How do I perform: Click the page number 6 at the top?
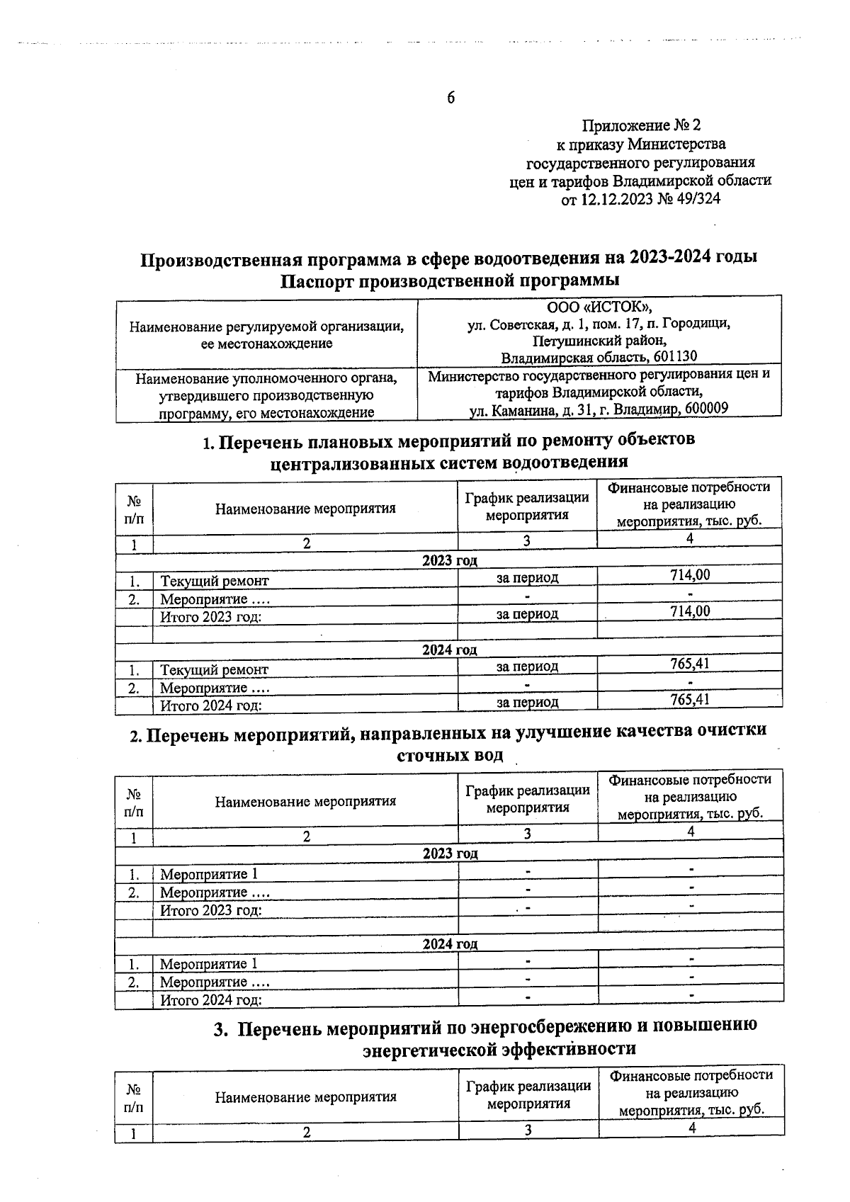pyautogui.click(x=450, y=98)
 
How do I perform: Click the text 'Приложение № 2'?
pyautogui.click(x=640, y=126)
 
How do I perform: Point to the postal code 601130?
pyautogui.click(x=673, y=356)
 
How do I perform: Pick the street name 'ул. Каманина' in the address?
pyautogui.click(x=511, y=409)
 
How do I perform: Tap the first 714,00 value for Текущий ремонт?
pyautogui.click(x=690, y=575)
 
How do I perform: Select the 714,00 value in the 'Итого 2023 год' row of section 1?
pyautogui.click(x=690, y=611)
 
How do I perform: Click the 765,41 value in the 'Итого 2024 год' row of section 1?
pyautogui.click(x=690, y=700)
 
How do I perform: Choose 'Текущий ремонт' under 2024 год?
pyautogui.click(x=214, y=669)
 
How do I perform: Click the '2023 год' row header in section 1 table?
pyautogui.click(x=449, y=560)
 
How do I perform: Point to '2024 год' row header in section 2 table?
pyautogui.click(x=449, y=943)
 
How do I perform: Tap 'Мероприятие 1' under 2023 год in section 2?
pyautogui.click(x=208, y=874)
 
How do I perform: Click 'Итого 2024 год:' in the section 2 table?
pyautogui.click(x=211, y=1000)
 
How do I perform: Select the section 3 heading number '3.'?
pyautogui.click(x=221, y=1028)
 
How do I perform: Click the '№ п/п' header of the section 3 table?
pyautogui.click(x=133, y=1097)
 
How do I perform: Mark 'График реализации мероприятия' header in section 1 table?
pyautogui.click(x=527, y=506)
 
